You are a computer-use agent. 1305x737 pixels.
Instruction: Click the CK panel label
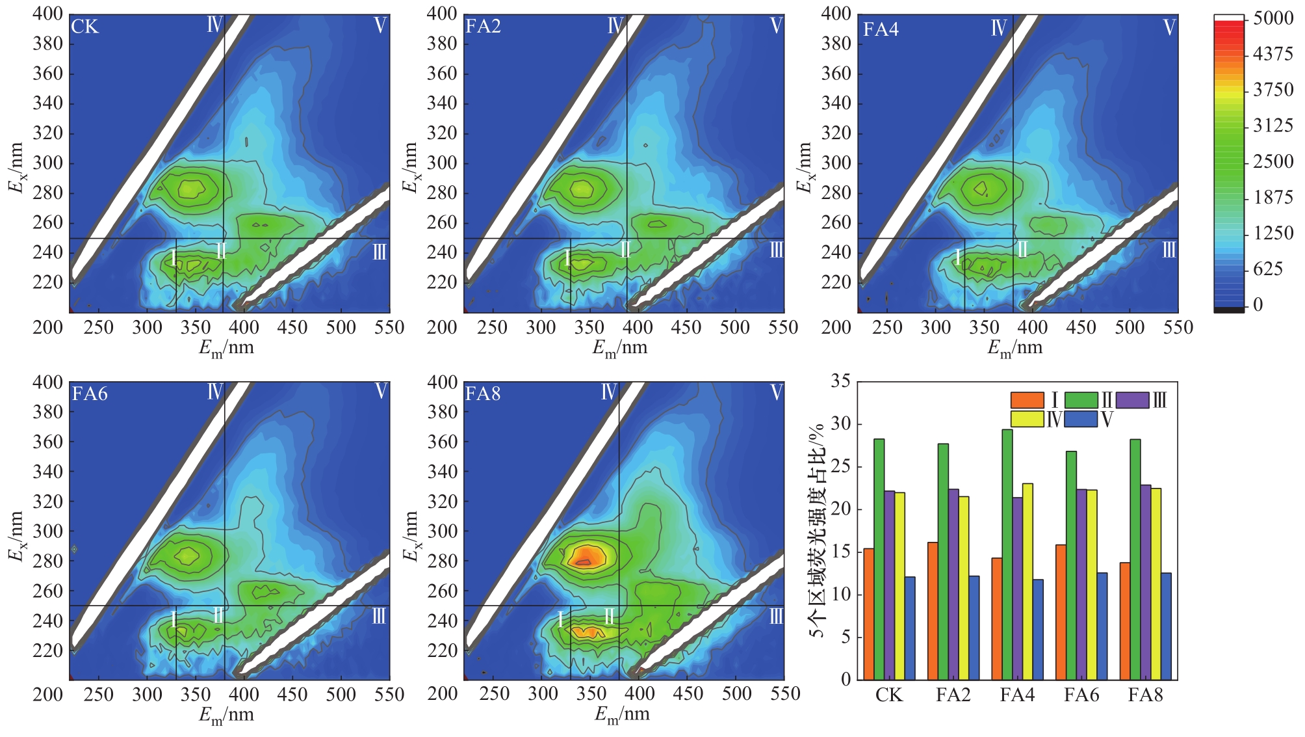tap(84, 27)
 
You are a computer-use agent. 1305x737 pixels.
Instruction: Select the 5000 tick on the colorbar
tap(1273, 18)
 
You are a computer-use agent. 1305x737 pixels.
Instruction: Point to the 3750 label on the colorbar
tap(1273, 90)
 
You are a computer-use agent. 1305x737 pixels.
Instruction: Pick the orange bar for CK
tap(868, 614)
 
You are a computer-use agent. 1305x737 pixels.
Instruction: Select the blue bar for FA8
tap(1166, 626)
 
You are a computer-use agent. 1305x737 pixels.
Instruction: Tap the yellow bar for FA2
tap(963, 588)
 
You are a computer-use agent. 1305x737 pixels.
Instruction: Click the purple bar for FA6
tap(1081, 584)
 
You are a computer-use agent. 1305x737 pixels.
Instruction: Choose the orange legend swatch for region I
tap(1027, 400)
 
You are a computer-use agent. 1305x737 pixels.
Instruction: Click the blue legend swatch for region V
tap(1081, 420)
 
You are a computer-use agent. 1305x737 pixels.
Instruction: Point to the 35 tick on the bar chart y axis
tap(840, 381)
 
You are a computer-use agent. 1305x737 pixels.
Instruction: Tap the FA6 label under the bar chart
tap(1081, 695)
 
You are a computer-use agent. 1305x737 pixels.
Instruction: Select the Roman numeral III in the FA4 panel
tap(1169, 250)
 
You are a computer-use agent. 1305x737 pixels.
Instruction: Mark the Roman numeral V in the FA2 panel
tap(776, 26)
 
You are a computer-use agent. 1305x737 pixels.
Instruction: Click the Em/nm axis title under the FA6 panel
tap(226, 715)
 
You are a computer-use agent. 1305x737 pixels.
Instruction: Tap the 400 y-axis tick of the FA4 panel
tap(836, 14)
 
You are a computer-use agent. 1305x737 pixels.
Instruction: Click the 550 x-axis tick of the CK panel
tap(389, 327)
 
